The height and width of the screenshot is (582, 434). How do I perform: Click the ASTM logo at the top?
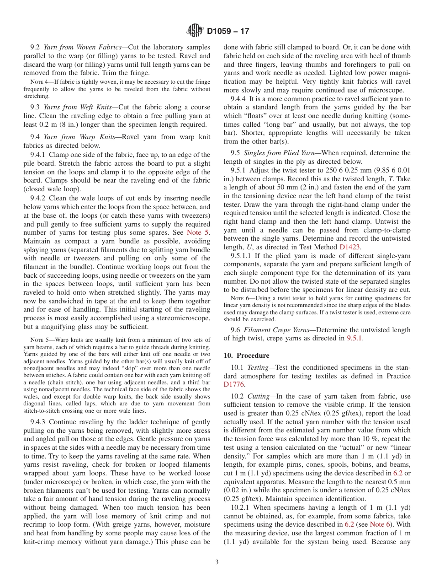click(x=195, y=31)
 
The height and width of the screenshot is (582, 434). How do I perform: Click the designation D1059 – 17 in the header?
click(x=228, y=32)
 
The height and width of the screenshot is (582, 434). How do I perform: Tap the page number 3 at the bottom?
click(x=217, y=562)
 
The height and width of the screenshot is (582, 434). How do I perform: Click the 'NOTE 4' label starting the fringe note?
click(x=38, y=82)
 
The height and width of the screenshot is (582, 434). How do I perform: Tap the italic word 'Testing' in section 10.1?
click(x=258, y=367)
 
